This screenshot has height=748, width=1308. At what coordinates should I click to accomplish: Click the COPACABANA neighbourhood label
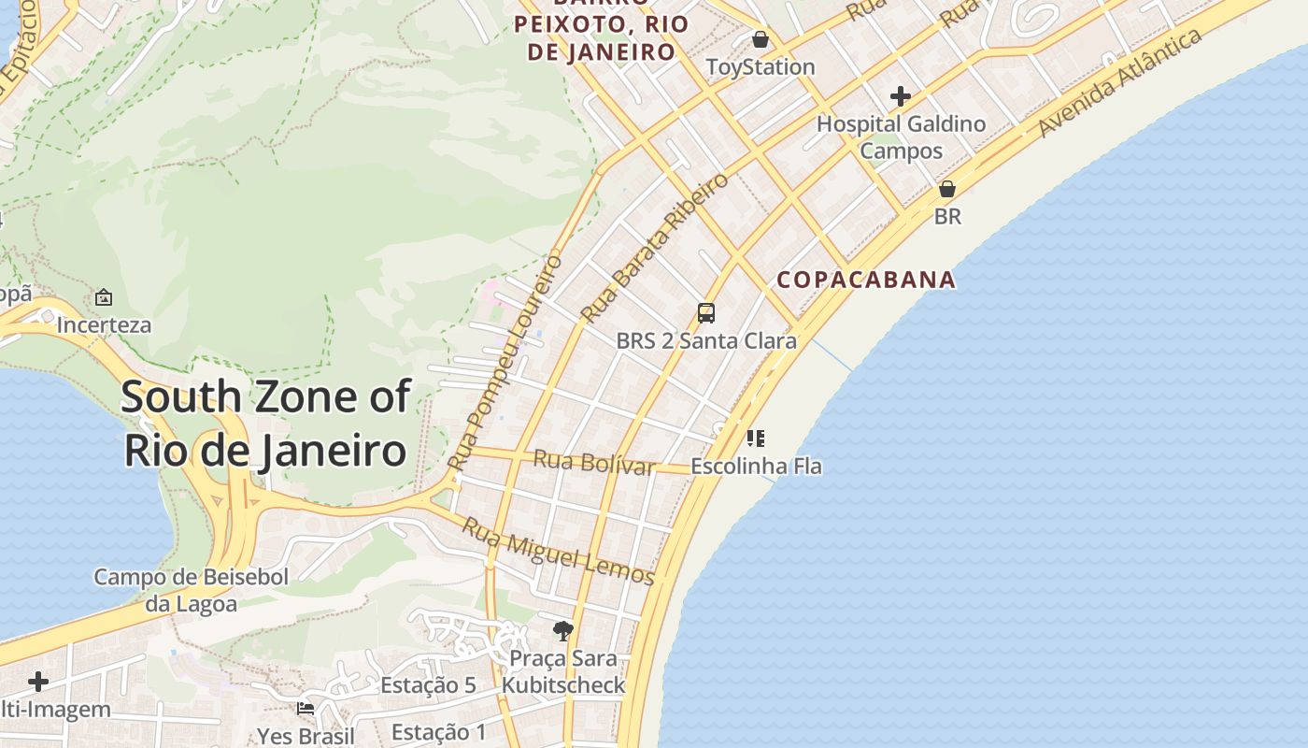point(866,280)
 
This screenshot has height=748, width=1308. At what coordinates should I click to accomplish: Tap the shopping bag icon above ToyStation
point(761,40)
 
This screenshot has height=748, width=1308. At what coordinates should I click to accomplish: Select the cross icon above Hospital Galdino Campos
point(901,96)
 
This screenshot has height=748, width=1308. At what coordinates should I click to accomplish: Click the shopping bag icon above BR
point(947,189)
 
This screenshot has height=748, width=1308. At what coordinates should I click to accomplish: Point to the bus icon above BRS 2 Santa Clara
point(706,312)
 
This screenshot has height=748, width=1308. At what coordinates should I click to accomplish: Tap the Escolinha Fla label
point(756,466)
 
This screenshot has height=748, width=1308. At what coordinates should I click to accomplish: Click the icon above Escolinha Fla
point(756,438)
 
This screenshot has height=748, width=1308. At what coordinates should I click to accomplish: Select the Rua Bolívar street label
point(593,462)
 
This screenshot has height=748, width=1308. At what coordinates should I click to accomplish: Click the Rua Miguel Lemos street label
point(559,551)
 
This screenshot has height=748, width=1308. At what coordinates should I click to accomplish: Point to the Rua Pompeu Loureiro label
point(505,361)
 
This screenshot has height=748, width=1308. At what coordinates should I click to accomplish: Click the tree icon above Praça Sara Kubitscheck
point(562,631)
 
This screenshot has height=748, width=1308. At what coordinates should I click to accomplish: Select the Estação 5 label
point(428,685)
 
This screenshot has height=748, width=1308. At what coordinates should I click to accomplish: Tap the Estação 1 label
point(439,732)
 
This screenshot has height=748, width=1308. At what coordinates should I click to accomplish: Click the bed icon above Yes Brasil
point(306,709)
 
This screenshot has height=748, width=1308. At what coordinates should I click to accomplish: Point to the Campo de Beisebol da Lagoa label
point(191,590)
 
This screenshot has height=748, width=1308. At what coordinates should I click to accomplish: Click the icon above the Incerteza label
point(104,298)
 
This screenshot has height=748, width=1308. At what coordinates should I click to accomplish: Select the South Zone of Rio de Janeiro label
point(265,424)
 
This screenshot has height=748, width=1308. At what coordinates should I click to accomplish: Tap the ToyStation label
point(760,67)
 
